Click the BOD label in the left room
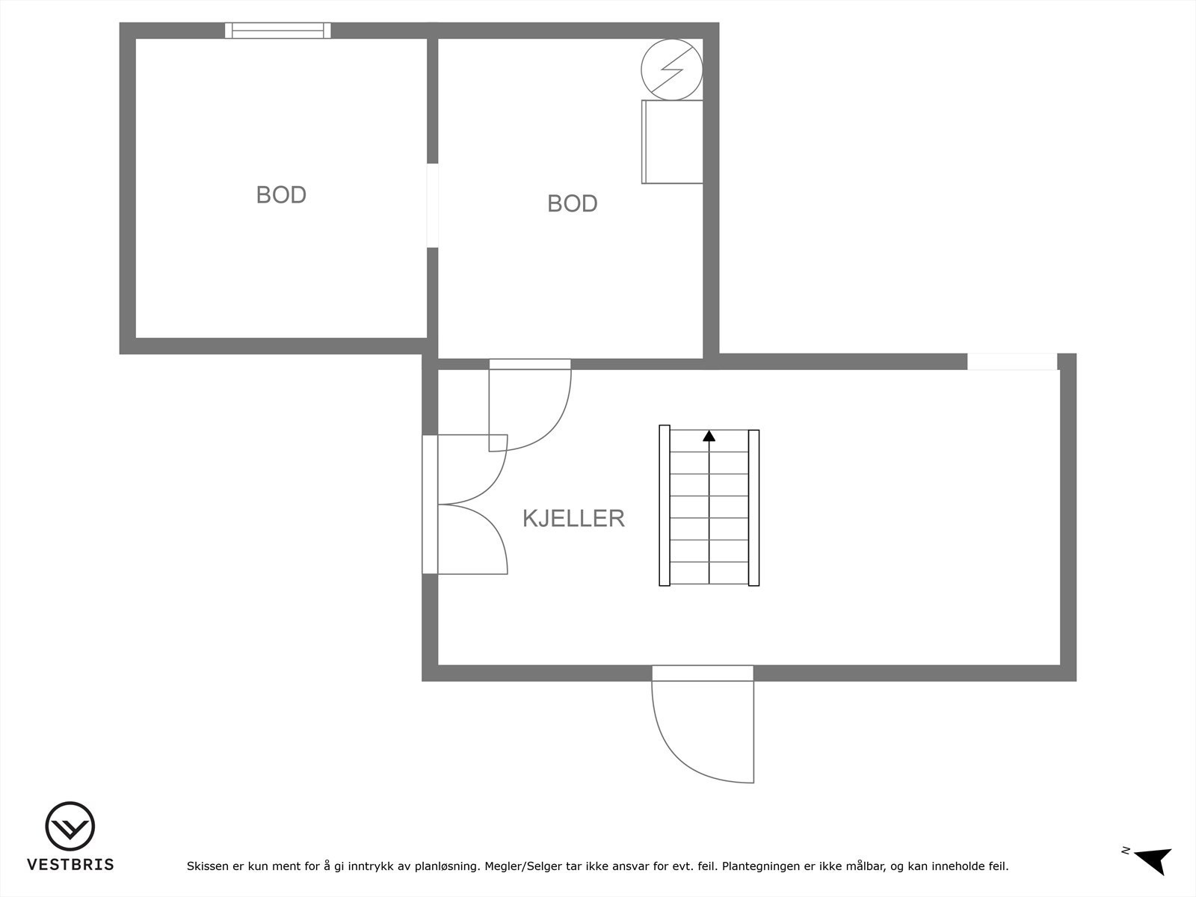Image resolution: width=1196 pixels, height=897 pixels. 281,194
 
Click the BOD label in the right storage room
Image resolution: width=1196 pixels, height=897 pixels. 572,203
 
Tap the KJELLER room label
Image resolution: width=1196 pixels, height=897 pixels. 573,518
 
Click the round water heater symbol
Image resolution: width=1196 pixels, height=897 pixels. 672,70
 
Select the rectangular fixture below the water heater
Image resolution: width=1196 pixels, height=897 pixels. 672,142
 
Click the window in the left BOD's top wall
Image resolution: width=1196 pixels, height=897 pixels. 277,31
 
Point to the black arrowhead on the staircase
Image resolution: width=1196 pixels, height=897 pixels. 709,435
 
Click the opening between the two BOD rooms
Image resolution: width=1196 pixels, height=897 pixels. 432,205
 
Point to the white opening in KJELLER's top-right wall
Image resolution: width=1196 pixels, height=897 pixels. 1012,362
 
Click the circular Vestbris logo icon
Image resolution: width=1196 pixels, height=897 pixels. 70,827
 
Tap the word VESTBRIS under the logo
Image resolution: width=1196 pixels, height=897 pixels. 70,865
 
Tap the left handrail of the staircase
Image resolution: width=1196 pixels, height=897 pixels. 664,505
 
